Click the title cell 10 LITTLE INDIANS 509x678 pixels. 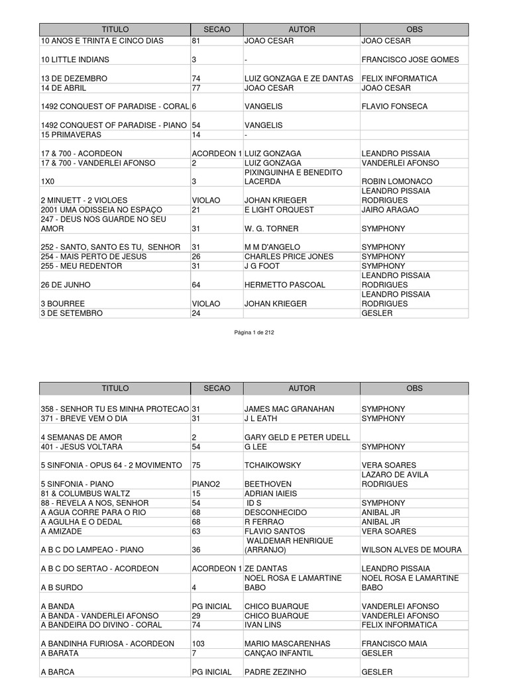click(x=76, y=60)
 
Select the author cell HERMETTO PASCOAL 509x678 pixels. click(x=285, y=285)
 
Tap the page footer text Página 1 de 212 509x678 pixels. click(x=254, y=332)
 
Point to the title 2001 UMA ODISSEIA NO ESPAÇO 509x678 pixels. click(x=102, y=209)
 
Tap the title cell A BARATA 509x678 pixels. click(x=60, y=653)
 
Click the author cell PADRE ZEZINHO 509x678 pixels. click(x=276, y=671)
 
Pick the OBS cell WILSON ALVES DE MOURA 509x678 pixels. click(x=412, y=550)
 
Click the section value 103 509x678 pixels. click(x=198, y=644)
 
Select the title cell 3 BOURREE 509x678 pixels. click(x=63, y=304)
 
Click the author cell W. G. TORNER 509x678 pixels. click(x=272, y=228)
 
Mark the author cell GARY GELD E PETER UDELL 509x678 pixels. click(x=298, y=437)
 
